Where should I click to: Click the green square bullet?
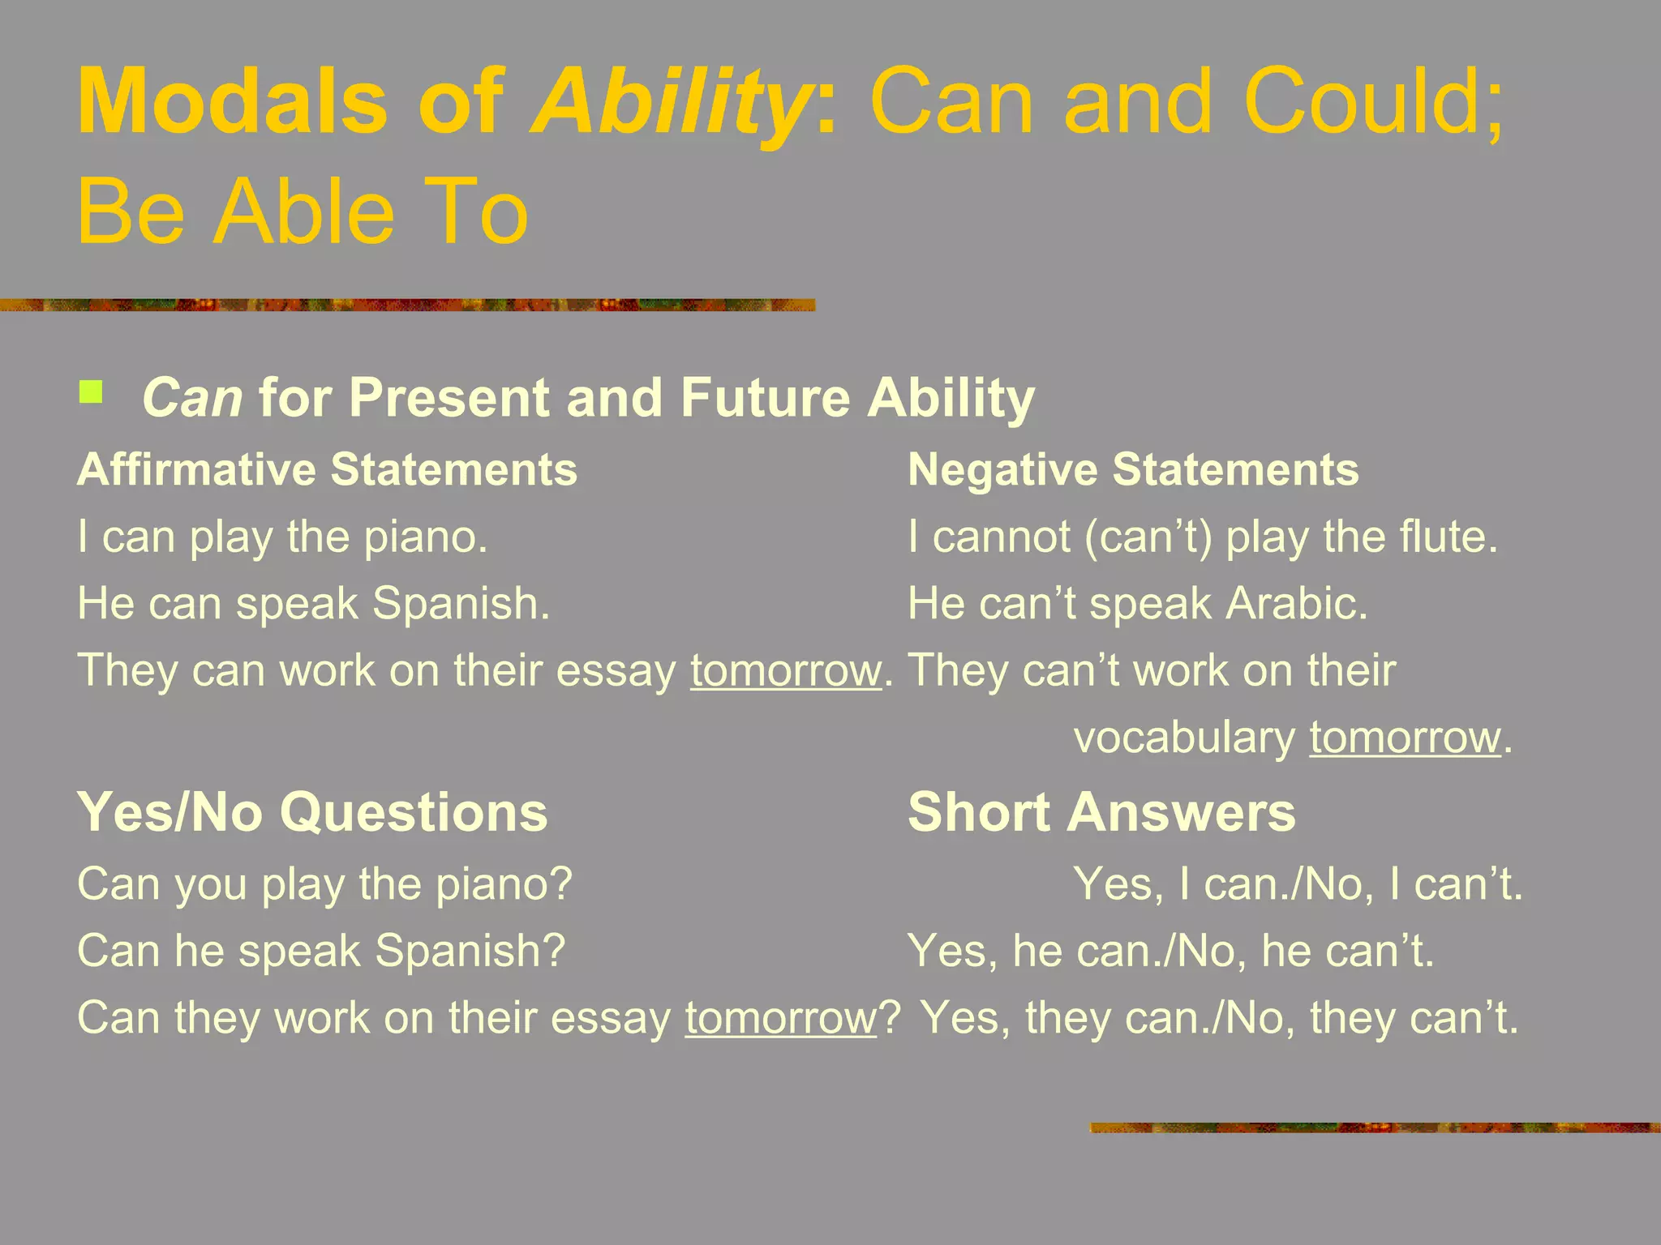point(91,393)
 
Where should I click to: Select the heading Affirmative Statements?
point(327,470)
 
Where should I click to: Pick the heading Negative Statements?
point(1133,470)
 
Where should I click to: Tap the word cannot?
point(1002,537)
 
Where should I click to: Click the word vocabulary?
point(1184,738)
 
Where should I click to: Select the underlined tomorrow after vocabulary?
point(1405,738)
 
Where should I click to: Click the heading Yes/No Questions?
point(312,812)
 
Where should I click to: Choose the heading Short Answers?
point(1101,812)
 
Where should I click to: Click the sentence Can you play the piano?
point(325,884)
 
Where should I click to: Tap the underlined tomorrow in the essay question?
point(781,1018)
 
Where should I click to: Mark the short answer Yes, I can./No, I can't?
point(1298,884)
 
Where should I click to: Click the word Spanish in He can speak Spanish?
point(460,604)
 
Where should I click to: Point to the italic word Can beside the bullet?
point(192,398)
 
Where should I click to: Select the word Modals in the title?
point(233,104)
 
